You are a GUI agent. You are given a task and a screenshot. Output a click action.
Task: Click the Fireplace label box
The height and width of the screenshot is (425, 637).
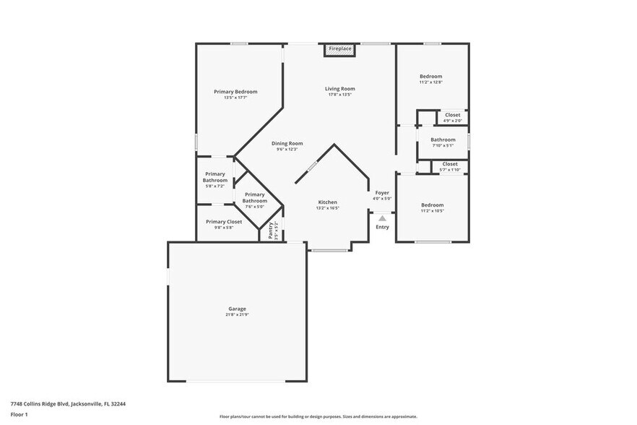click(340, 49)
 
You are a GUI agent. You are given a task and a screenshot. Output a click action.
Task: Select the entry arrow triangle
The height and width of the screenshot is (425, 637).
click(382, 218)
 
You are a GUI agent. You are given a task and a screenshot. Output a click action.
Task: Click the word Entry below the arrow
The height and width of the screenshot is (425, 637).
click(382, 227)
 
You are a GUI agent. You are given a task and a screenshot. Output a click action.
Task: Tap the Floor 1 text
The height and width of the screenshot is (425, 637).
click(19, 414)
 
